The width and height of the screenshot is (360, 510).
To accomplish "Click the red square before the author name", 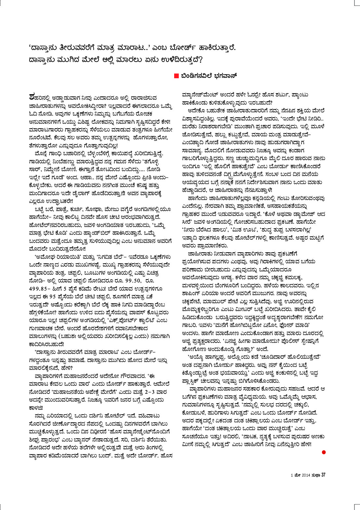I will coord(176,76).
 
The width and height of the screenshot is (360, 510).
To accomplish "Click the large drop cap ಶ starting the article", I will coord(32,97).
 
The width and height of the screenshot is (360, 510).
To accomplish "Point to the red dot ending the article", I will coord(324,452).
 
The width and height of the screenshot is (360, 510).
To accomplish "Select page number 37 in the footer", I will coord(323,475).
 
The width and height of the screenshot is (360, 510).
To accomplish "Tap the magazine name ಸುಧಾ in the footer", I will coord(316,475).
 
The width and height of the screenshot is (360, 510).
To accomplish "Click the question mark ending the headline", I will coord(200,60).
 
